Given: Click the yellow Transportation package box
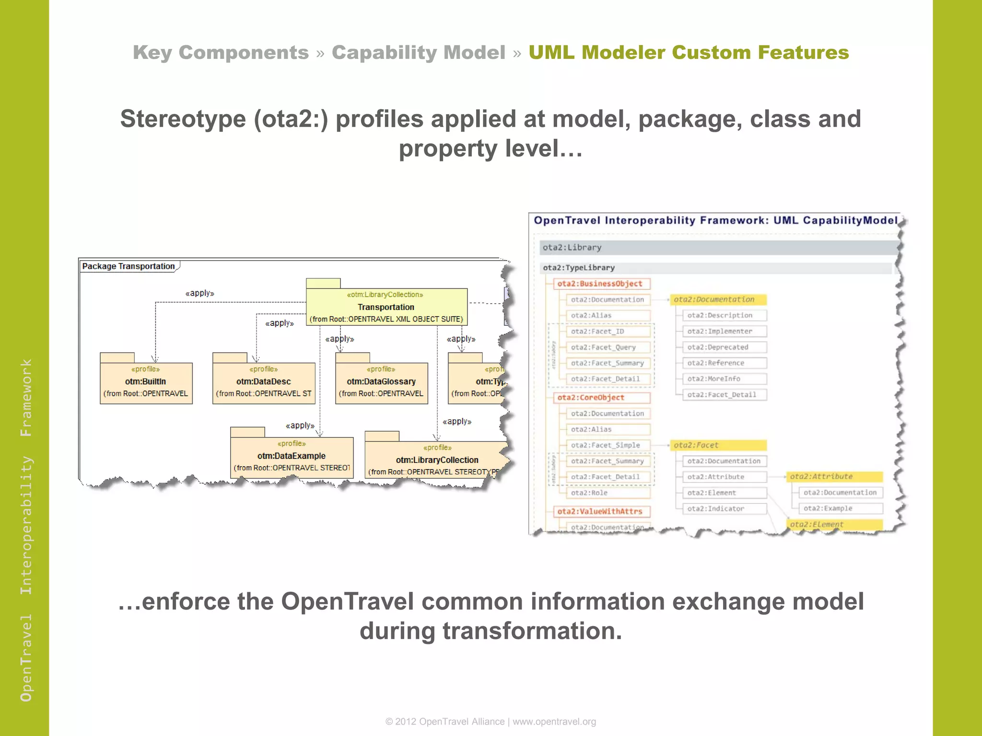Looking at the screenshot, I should coord(386,307).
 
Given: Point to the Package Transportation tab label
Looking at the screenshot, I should coord(129,266).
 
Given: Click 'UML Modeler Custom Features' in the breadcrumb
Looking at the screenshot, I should coord(689,52).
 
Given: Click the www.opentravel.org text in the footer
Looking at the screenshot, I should coord(554,722).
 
